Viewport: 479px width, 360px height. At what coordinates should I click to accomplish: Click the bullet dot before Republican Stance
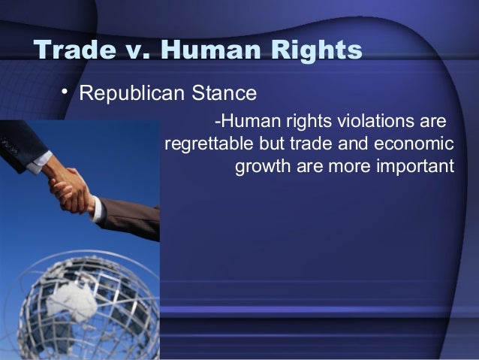tap(65, 92)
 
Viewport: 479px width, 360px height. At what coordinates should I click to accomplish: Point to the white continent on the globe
tap(71, 299)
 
